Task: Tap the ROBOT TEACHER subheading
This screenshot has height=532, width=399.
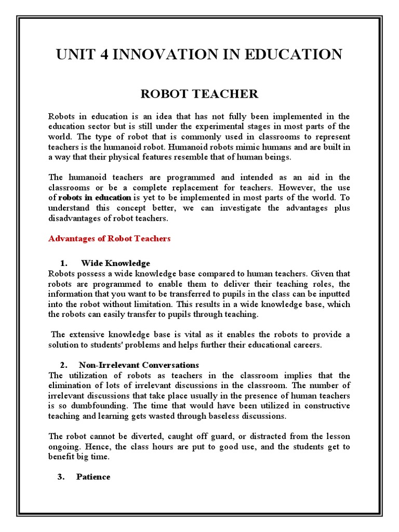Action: click(199, 94)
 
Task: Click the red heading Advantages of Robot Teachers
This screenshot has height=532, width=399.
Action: click(109, 238)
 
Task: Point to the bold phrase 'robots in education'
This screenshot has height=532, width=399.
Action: click(95, 197)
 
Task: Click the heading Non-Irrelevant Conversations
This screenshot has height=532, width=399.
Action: click(139, 365)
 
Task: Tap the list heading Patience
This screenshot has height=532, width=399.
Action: click(93, 476)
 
